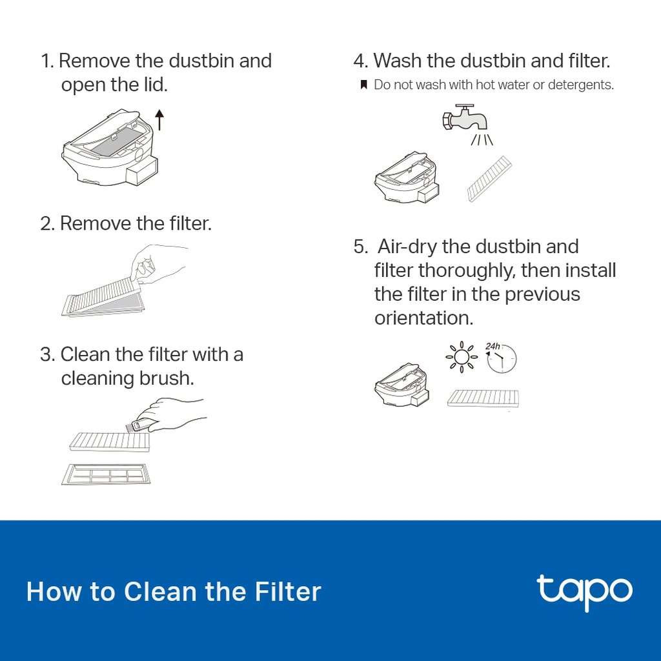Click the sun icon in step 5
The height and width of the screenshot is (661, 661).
461,357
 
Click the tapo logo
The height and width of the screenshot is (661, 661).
584,590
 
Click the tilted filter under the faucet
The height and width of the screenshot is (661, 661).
489,179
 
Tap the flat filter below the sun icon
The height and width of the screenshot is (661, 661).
483,398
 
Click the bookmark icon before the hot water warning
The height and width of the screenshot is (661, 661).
363,85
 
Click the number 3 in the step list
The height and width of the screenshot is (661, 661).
46,354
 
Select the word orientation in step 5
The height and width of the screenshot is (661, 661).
423,318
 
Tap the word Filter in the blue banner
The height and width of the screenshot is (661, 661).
288,592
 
